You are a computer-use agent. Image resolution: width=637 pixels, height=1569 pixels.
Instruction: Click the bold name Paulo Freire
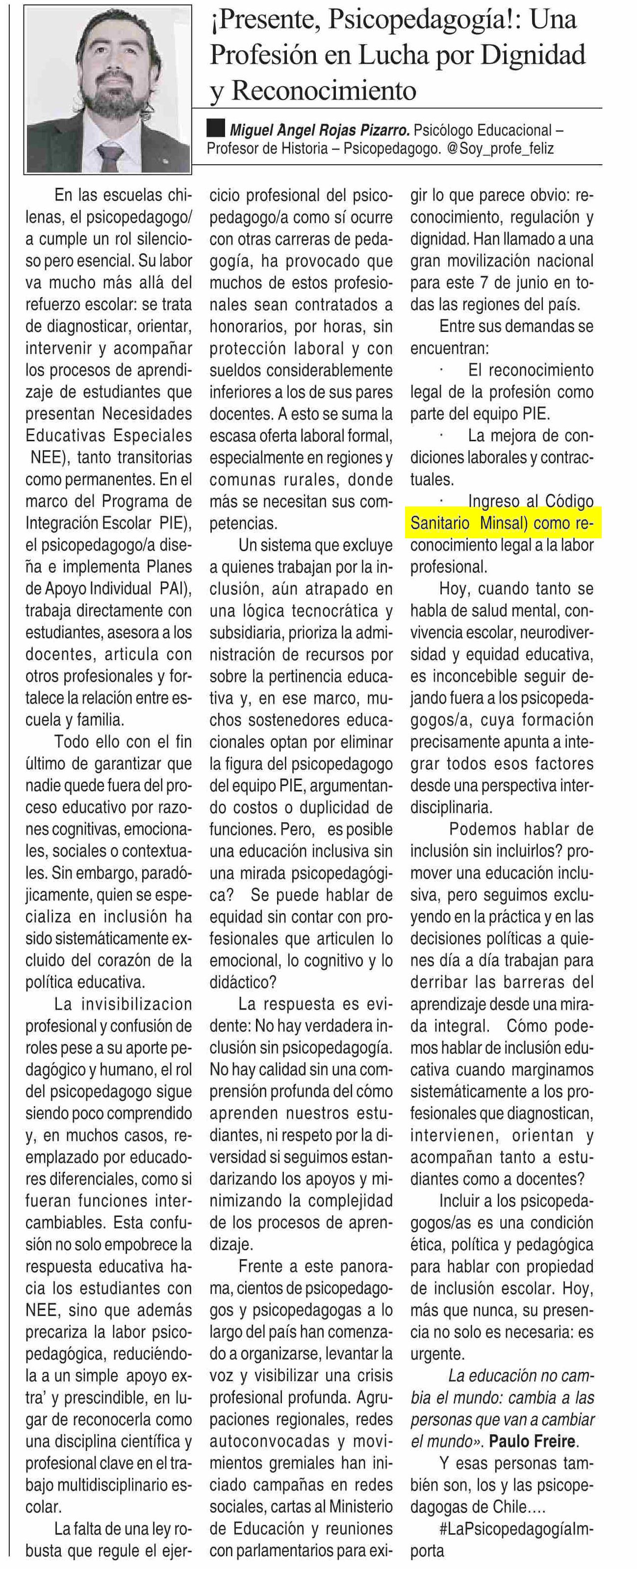[x=532, y=1441]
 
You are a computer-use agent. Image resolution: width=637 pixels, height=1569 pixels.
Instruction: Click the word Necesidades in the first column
[x=147, y=413]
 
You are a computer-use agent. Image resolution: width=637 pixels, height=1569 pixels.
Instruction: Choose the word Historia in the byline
[x=299, y=149]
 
